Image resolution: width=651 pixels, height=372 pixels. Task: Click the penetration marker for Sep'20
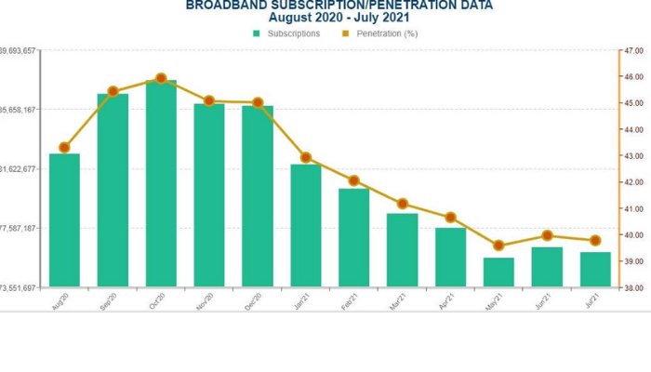113,91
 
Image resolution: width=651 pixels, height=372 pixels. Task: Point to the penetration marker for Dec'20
258,102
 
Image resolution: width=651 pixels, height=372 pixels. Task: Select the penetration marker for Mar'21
403,204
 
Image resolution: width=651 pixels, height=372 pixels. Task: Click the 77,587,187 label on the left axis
19,228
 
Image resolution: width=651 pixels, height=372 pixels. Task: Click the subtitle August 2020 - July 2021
339,17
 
